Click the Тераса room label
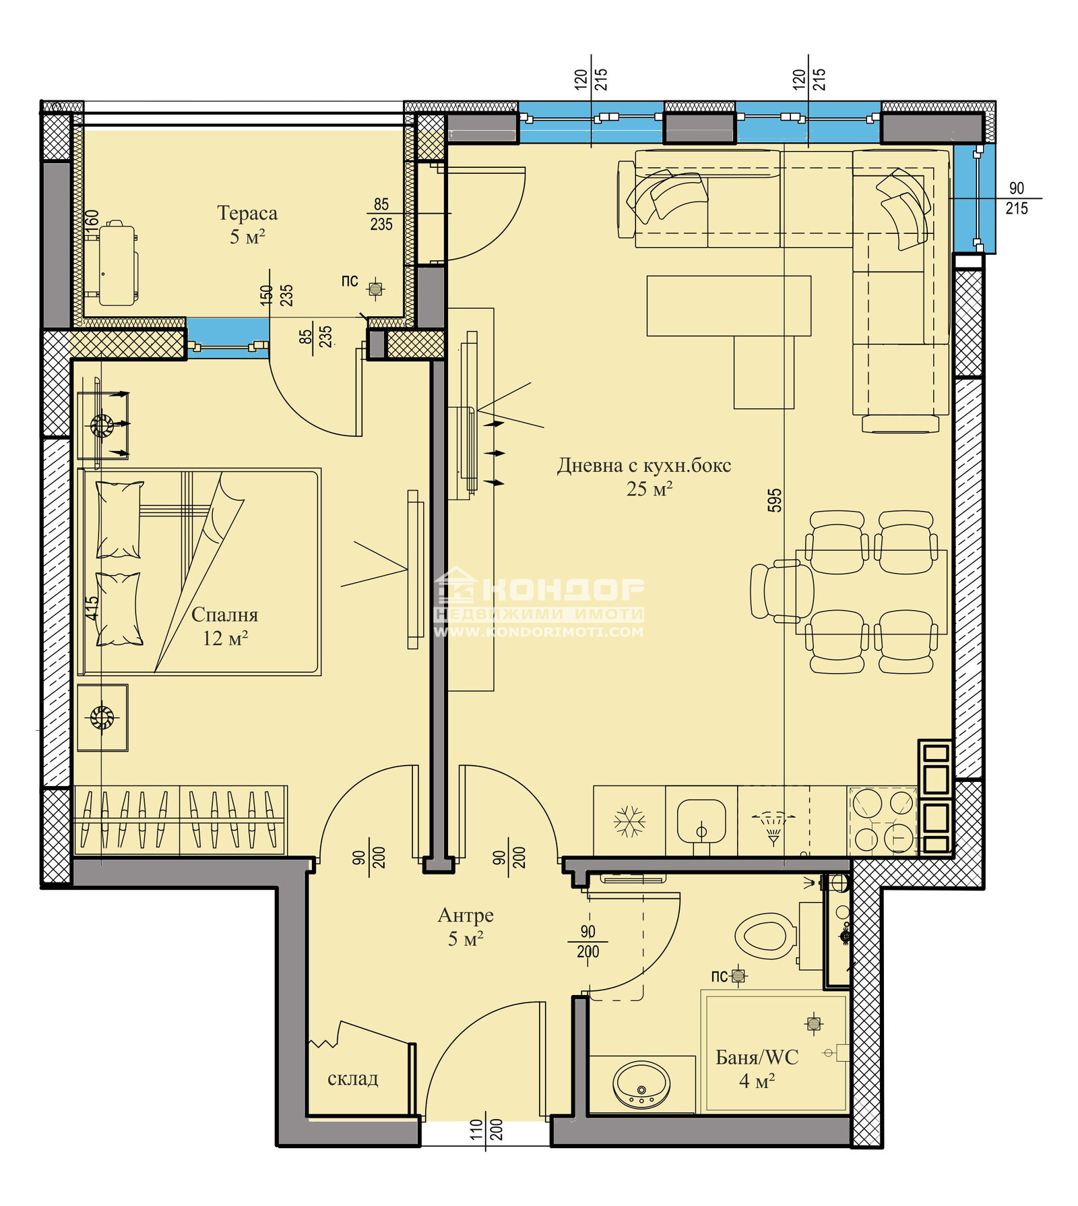247,213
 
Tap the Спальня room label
224,615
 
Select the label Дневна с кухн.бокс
644,465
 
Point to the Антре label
466,915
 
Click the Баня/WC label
757,1057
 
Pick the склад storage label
352,1079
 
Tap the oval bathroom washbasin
641,1085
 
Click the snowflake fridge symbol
629,821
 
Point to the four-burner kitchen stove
883,821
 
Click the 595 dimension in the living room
775,500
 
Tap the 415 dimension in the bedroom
92,608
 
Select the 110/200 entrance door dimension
486,1129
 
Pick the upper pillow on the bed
119,519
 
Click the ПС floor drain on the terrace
375,289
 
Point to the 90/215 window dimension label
1017,199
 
